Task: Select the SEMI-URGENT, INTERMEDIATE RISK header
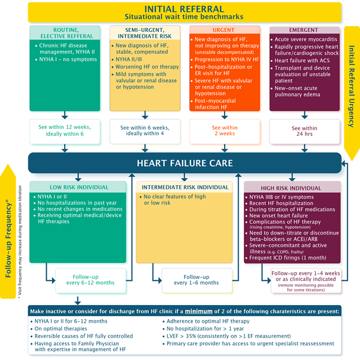[x=142, y=33]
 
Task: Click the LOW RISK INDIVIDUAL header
[x=77, y=187]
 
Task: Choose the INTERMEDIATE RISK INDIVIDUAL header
[x=183, y=187]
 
